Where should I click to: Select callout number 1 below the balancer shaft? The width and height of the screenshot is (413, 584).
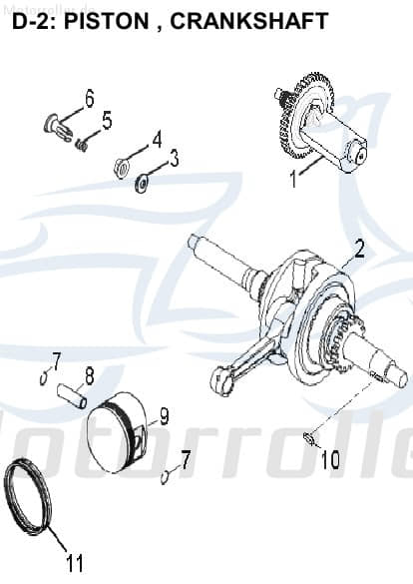coord(293,181)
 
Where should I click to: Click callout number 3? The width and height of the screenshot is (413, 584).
coord(174,158)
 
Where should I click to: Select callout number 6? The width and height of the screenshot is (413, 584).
coord(89,98)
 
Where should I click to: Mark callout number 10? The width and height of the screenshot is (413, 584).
coord(330,460)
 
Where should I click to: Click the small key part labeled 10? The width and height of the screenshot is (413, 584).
coord(311,437)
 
